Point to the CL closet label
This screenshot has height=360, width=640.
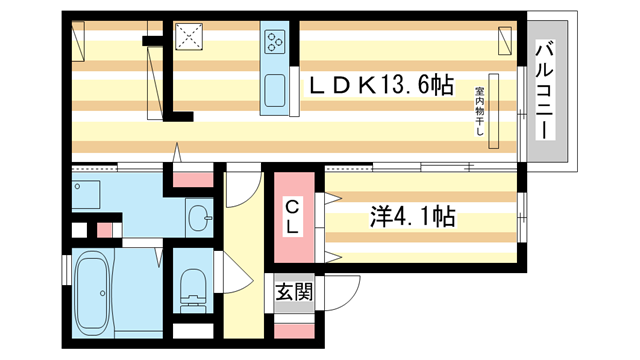coord(292,217)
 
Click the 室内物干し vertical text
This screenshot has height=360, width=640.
coord(479,106)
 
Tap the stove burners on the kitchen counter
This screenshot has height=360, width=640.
coord(275,41)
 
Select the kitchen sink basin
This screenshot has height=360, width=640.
coord(275,93)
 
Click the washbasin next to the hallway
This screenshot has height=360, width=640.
coord(201,215)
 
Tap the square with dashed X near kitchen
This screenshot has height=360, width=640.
coord(189,37)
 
